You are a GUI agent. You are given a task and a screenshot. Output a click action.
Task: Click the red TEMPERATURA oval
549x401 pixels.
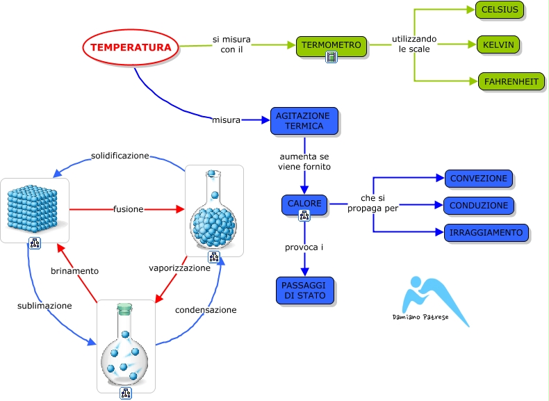[131, 48]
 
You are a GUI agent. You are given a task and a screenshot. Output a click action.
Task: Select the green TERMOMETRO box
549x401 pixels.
[331, 46]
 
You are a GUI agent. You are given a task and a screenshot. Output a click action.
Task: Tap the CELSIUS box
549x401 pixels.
[500, 10]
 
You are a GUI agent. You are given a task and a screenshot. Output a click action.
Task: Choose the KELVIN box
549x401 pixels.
[498, 45]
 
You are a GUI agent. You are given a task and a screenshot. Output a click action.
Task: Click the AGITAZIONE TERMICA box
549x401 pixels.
[304, 121]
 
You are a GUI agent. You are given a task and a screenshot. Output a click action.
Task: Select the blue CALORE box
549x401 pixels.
[304, 204]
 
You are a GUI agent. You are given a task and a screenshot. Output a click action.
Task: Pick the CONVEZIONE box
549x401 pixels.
[479, 179]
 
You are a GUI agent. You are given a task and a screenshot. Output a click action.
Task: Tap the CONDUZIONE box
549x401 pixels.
[479, 206]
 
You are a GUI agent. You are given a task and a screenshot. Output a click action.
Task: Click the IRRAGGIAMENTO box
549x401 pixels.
[486, 233]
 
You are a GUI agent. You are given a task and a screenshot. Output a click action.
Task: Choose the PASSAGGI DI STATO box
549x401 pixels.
[304, 290]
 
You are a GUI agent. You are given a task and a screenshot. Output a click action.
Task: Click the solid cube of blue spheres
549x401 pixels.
[35, 207]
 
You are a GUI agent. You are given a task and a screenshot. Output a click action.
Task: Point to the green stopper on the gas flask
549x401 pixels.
[124, 306]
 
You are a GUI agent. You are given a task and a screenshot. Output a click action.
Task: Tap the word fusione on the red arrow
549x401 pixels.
[128, 208]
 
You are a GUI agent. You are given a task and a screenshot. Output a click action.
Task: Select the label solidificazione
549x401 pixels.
[120, 156]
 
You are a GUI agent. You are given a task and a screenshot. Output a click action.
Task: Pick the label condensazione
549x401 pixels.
[206, 310]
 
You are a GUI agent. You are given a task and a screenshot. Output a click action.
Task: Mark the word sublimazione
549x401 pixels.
[44, 305]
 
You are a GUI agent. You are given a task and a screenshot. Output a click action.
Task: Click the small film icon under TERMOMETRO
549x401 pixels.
[331, 57]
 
